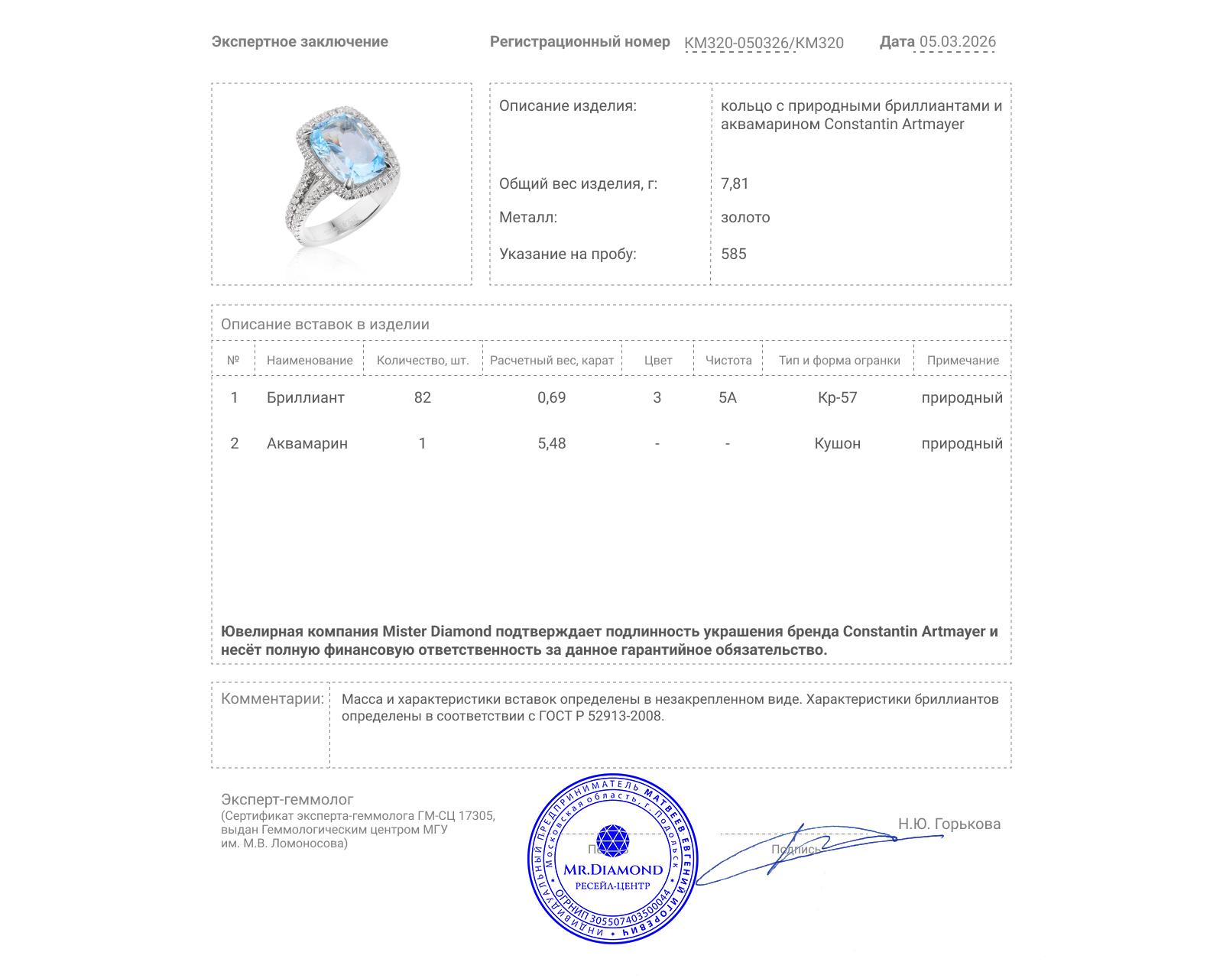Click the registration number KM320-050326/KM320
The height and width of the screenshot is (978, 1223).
click(764, 43)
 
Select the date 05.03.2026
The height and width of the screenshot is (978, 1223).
click(957, 42)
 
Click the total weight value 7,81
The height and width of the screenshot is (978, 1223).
click(735, 183)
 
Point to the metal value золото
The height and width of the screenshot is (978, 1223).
click(745, 217)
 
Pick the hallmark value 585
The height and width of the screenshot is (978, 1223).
click(733, 254)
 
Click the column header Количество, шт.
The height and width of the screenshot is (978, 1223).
click(423, 360)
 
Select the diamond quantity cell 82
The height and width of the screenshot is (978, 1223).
click(423, 397)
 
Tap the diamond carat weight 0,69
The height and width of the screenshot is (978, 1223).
click(551, 397)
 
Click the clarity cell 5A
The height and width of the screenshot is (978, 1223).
click(727, 397)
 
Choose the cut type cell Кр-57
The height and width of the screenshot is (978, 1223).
click(837, 397)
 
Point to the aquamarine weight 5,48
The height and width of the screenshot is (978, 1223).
click(551, 443)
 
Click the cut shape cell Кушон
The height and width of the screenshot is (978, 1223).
click(837, 443)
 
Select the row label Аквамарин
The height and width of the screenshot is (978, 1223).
click(307, 443)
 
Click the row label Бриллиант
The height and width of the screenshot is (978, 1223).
click(305, 397)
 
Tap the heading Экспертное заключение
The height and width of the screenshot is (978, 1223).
click(300, 42)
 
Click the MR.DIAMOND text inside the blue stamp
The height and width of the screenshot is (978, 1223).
click(613, 870)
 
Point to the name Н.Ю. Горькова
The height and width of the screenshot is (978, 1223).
click(949, 824)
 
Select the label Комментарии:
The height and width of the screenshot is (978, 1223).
click(272, 698)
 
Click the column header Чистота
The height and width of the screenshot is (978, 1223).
click(728, 360)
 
